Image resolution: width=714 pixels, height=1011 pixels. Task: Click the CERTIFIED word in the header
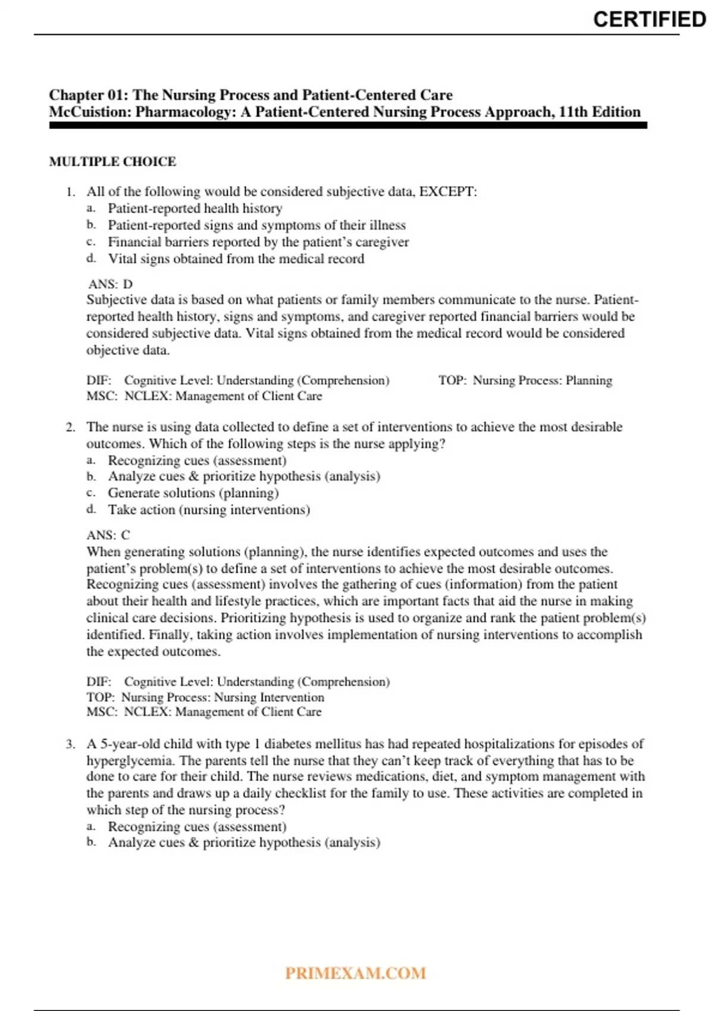[x=649, y=19]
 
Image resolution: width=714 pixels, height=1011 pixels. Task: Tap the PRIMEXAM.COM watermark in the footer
[x=355, y=973]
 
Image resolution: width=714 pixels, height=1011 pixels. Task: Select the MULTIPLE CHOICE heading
[x=112, y=162]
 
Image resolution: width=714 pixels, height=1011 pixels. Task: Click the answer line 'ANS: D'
[x=110, y=284]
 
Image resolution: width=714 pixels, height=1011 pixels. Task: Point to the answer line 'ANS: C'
[x=108, y=535]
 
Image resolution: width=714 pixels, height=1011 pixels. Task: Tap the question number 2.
[x=71, y=427]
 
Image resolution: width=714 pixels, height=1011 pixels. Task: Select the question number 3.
[x=71, y=744]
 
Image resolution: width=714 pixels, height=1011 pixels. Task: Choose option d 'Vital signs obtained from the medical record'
[x=236, y=259]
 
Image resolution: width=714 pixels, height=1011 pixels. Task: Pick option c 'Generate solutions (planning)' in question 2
[x=193, y=493]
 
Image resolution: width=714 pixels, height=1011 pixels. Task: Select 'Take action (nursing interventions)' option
[x=209, y=510]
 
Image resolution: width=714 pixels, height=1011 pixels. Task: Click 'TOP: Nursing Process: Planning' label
[x=525, y=381]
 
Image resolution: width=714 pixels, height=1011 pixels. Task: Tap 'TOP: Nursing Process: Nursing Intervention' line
[x=205, y=697]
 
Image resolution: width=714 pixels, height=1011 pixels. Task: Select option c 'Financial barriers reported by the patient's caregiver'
[x=258, y=242]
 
